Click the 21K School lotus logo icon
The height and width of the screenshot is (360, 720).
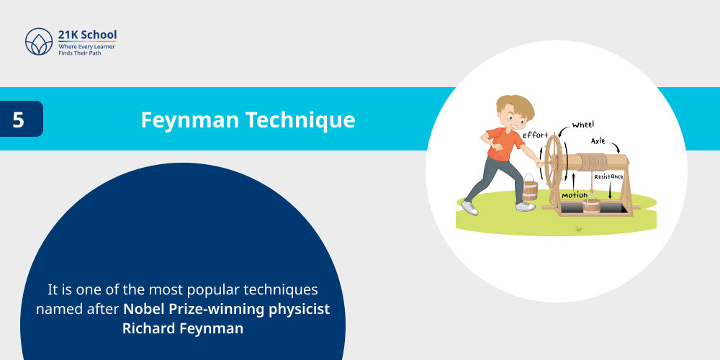(x=39, y=42)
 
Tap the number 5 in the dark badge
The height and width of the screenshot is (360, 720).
(x=19, y=120)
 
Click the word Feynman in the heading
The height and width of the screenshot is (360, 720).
(x=189, y=120)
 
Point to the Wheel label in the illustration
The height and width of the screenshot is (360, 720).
(x=583, y=125)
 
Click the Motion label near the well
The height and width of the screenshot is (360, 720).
(x=575, y=195)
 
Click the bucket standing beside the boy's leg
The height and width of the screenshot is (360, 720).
(x=530, y=189)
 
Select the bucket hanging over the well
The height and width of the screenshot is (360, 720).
(x=591, y=206)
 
